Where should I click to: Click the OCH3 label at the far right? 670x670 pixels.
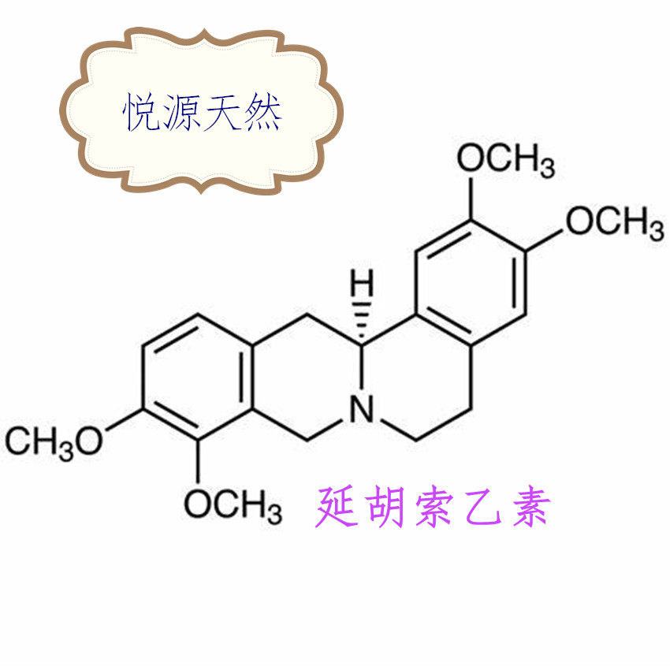coord(614,222)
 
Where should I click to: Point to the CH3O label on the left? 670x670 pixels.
coord(54,441)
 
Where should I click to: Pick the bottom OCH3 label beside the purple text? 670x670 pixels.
coord(233,503)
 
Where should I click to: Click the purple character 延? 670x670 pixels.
coord(338,507)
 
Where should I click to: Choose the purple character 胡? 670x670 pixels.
coord(386,507)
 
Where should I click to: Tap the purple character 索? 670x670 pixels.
coord(434,507)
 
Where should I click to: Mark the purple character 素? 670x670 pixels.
coord(526,507)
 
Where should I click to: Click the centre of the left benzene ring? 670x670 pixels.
coord(198,376)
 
